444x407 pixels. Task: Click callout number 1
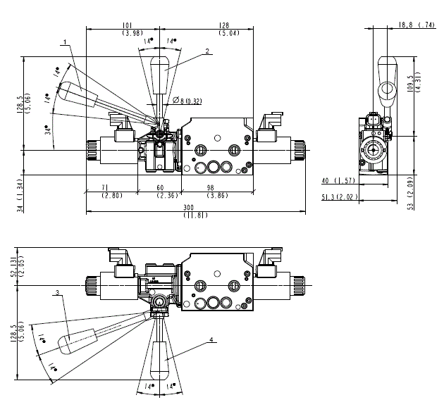64,42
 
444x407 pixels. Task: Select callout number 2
208,51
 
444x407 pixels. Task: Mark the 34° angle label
47,130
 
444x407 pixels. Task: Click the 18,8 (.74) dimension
417,25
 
